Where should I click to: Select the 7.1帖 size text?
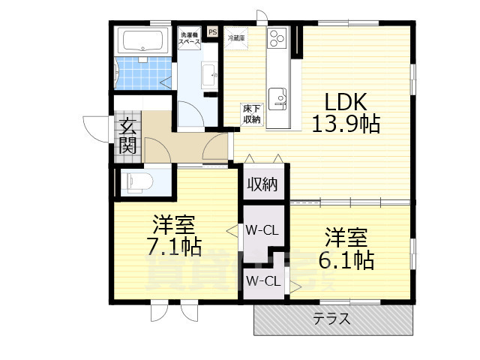coord(175,245)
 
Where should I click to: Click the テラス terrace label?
coord(331,318)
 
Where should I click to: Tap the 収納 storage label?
coord(262,184)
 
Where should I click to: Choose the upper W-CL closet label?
coord(262,230)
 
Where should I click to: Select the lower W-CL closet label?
coord(262,282)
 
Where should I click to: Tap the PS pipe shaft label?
coord(212,32)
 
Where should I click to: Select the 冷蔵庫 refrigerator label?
coord(237,36)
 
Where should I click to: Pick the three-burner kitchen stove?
coord(277,37)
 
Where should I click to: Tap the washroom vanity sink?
coord(209,73)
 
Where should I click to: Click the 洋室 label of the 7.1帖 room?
coord(175,224)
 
